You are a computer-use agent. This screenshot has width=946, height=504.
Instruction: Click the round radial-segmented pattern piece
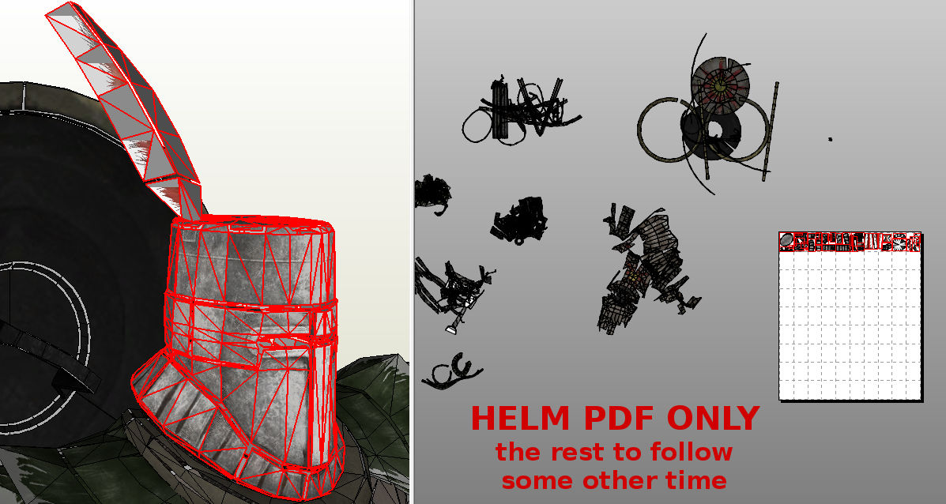click(x=720, y=84)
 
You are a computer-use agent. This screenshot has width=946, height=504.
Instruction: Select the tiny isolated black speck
click(x=830, y=139)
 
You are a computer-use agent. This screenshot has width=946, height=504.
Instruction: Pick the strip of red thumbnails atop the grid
click(x=850, y=242)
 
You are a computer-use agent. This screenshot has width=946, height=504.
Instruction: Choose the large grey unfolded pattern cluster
click(x=644, y=269)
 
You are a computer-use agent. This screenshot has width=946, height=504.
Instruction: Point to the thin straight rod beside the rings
click(x=771, y=130)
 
